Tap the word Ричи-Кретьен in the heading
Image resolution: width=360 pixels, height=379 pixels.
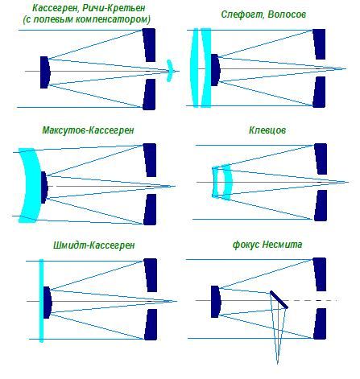[x=114, y=8]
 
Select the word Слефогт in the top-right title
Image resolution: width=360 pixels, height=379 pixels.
[x=242, y=14]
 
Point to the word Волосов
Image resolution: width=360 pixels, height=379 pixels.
[x=287, y=14]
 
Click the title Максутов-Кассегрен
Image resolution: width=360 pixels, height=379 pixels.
[x=88, y=130]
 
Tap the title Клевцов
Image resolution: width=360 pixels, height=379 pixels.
[x=267, y=130]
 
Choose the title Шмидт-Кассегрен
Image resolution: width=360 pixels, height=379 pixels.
[x=93, y=245]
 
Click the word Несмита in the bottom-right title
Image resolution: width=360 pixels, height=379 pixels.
[x=282, y=245]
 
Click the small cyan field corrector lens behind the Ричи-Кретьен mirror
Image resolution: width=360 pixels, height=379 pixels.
[x=170, y=71]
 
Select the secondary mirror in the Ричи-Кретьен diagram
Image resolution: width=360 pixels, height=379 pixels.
[x=45, y=72]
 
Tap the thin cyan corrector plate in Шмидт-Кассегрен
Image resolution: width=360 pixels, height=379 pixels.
[x=41, y=300]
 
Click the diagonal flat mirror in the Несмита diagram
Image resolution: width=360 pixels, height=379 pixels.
[x=279, y=299]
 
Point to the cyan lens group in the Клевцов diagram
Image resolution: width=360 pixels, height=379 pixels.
[x=222, y=182]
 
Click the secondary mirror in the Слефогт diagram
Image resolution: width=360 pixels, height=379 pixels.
[x=215, y=70]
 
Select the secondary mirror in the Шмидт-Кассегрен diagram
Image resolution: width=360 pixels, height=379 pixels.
[x=48, y=303]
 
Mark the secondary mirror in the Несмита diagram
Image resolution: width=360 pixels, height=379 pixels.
[x=216, y=302]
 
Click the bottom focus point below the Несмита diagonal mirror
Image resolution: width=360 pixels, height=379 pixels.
[x=277, y=364]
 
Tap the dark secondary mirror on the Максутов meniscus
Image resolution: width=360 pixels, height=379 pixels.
[x=44, y=187]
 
